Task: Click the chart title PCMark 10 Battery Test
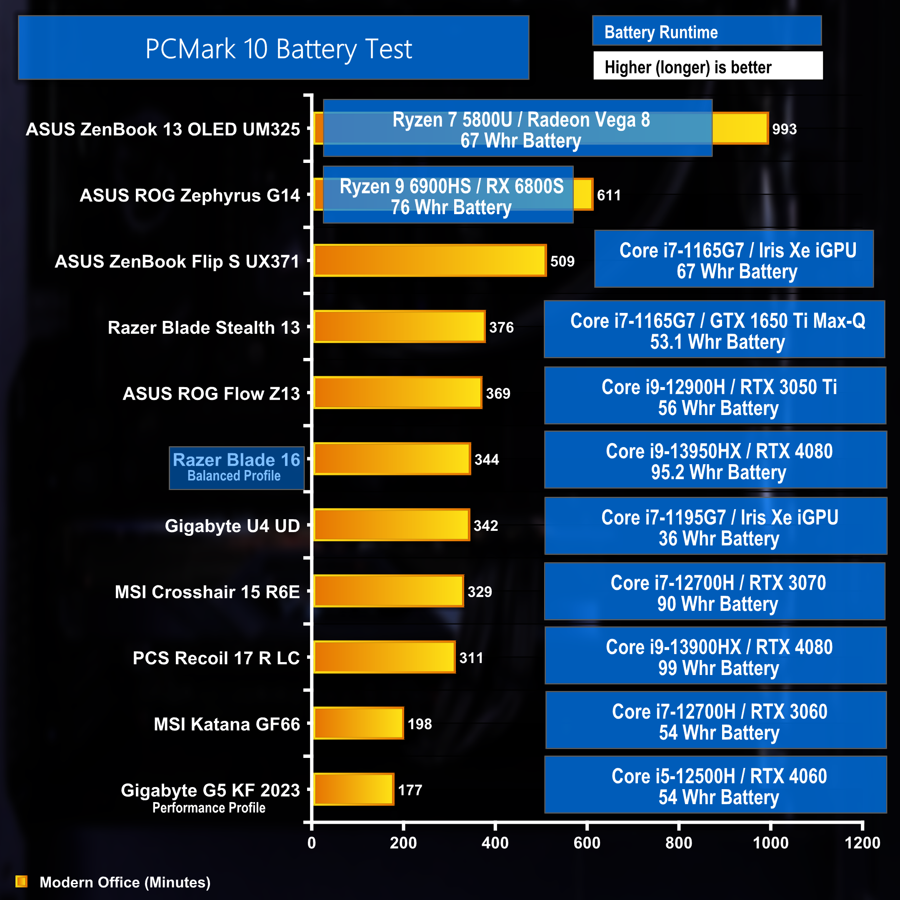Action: click(279, 48)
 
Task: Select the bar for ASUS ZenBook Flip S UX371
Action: click(430, 260)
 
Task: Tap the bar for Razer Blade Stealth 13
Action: click(399, 327)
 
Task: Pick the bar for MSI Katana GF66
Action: click(358, 723)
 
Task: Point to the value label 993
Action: click(784, 129)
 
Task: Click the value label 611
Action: click(608, 195)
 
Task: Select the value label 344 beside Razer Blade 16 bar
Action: click(486, 459)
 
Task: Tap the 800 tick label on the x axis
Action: click(678, 842)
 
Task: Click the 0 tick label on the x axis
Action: click(312, 842)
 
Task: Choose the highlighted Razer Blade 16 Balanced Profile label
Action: click(236, 467)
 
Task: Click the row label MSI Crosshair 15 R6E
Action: click(207, 592)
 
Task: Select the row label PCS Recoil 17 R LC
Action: click(216, 658)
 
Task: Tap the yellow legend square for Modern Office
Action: click(21, 881)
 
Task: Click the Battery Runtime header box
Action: click(706, 31)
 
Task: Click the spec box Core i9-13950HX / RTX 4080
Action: click(715, 460)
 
